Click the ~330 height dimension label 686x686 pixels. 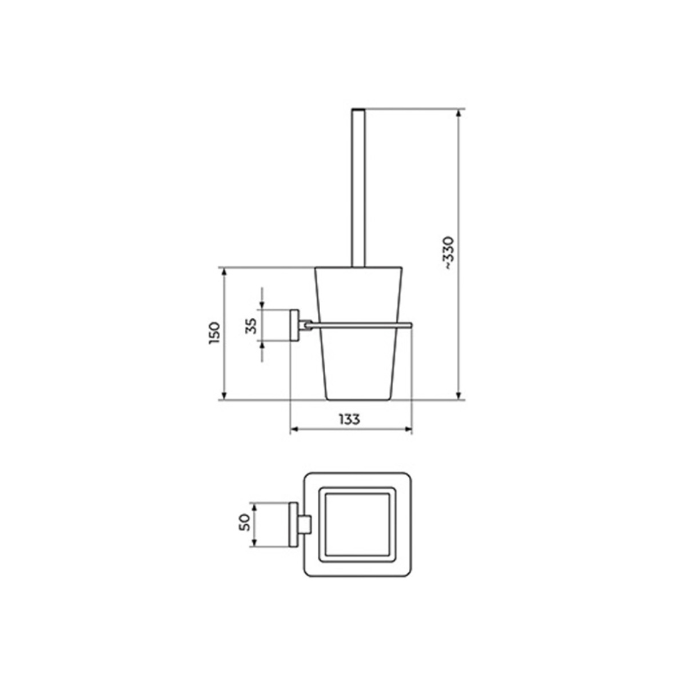[x=450, y=253]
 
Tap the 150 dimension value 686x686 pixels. [x=215, y=333]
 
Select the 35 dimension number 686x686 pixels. [x=252, y=326]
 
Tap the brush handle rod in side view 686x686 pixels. [x=358, y=188]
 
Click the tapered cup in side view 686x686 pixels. [x=358, y=333]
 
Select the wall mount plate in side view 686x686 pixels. [x=294, y=325]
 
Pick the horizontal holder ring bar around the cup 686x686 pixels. [x=360, y=324]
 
